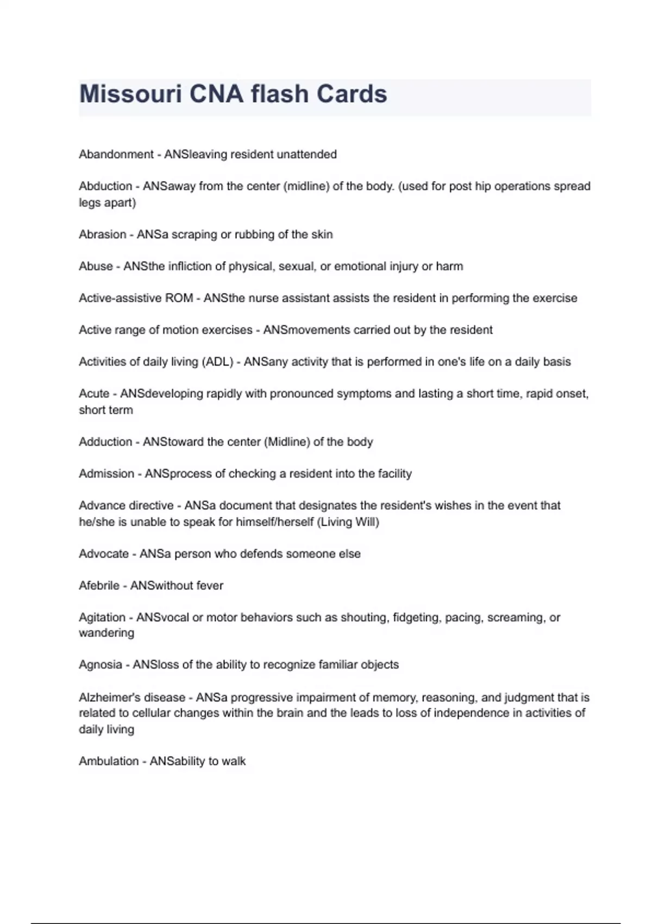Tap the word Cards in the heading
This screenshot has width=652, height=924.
(352, 94)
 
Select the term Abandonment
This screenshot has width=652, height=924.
(116, 154)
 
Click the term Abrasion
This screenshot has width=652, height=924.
(103, 234)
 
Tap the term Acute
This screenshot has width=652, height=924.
(94, 394)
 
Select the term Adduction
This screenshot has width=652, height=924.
(105, 442)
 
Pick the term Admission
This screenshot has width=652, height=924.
(106, 474)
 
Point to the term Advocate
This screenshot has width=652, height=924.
(104, 554)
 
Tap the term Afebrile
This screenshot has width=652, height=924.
(99, 586)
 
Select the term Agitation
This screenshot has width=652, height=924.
(102, 618)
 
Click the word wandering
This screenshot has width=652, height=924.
(106, 633)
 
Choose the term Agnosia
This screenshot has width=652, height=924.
(101, 665)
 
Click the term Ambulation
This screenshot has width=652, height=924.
(109, 761)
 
